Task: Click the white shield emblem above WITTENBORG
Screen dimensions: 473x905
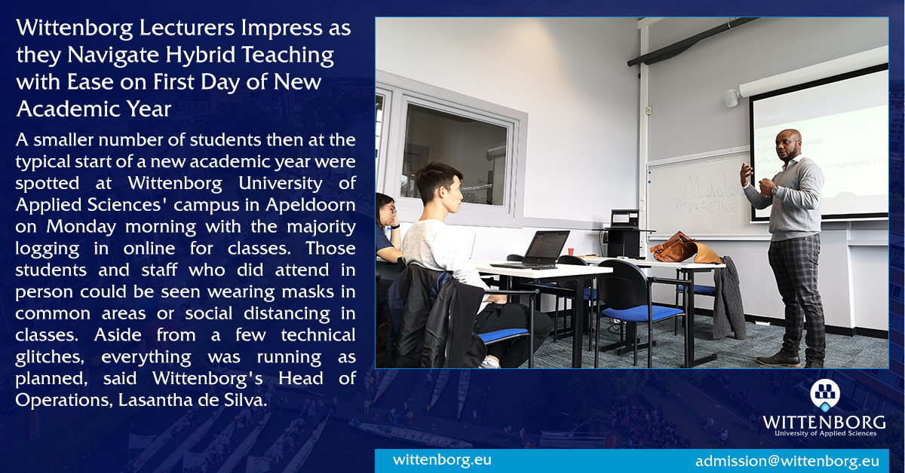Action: pos(824,395)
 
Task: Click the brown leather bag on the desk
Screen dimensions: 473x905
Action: pos(674,248)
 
